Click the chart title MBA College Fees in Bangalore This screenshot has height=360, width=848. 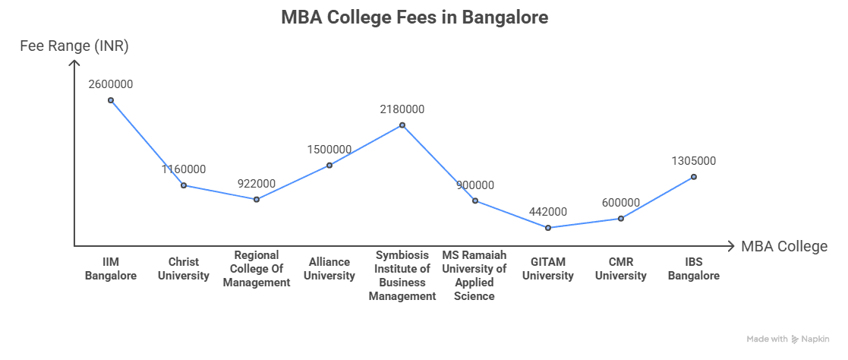point(414,17)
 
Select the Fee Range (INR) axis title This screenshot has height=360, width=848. point(74,46)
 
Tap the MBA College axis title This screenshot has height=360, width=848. point(783,246)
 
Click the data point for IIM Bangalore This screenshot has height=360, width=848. point(111,100)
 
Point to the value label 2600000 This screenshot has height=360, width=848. point(111,84)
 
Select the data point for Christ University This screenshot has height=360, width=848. point(183,185)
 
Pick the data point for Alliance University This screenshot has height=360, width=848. point(329,165)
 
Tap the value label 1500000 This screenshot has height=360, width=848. point(329,149)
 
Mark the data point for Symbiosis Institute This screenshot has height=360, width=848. point(402,125)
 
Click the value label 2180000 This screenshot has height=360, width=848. point(402,109)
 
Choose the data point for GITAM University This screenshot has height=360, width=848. point(547,227)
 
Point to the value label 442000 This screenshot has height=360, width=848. point(547,212)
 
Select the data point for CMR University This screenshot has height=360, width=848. point(620,219)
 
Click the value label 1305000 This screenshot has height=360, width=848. point(693,161)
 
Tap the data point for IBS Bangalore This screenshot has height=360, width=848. point(693,177)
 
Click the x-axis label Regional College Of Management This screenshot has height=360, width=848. point(257,269)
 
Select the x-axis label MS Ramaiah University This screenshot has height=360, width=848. point(474,275)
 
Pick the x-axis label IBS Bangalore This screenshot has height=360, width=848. point(693,269)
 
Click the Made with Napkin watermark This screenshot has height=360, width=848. point(787,339)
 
